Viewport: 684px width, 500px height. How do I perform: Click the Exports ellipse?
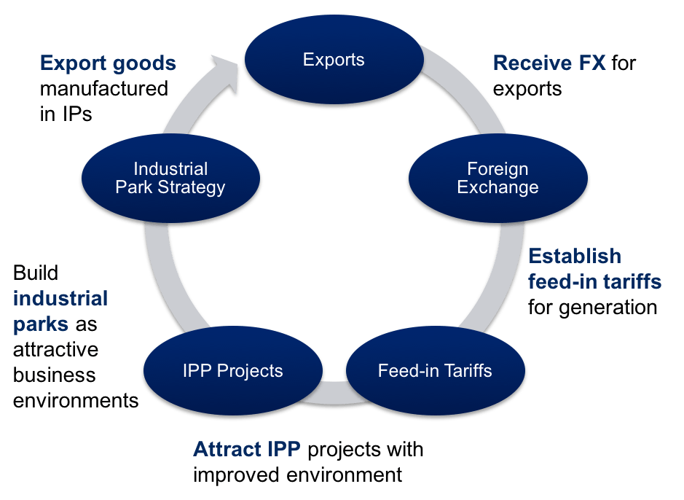pos(334,60)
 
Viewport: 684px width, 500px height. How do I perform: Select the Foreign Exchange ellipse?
pos(498,179)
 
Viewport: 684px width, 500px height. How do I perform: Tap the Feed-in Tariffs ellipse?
pos(435,371)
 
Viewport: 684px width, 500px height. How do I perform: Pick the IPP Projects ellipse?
pos(232,371)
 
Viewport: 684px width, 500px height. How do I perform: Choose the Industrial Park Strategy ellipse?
pos(170,179)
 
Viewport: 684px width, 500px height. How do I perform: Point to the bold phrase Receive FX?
pos(549,63)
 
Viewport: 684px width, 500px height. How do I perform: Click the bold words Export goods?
pos(108,63)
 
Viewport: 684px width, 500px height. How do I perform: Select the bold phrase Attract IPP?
pos(246,450)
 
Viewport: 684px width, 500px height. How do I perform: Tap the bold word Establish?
pos(575,256)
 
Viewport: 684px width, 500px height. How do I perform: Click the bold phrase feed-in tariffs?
pos(594,281)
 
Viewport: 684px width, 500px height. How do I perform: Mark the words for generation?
pos(592,307)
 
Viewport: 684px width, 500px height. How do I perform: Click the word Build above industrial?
pos(36,273)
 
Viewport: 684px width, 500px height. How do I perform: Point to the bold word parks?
pos(41,324)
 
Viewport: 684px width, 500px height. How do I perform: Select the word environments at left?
pos(76,400)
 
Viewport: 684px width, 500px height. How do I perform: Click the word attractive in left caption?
pos(55,349)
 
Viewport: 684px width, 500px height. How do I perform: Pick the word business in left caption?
pos(55,375)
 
